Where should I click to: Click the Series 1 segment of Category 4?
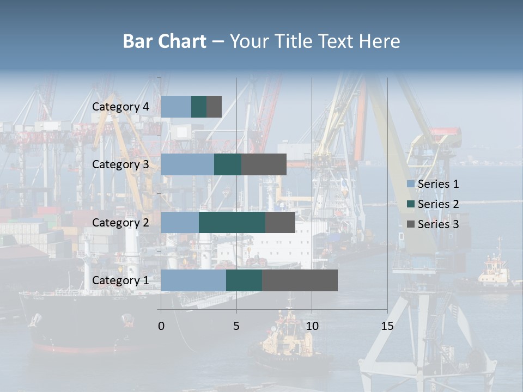[176, 107]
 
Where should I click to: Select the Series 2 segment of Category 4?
[199, 107]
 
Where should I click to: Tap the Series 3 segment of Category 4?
[214, 107]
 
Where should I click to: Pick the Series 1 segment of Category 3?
[187, 164]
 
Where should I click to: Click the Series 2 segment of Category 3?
[228, 164]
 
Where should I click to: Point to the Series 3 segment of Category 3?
[264, 164]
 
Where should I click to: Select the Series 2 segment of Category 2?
[232, 222]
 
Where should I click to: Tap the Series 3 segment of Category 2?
[280, 222]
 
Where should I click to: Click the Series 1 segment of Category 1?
[193, 280]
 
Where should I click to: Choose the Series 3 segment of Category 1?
[300, 280]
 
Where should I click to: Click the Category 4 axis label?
[120, 107]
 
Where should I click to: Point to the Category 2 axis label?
[120, 222]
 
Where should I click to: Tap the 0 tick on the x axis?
[161, 326]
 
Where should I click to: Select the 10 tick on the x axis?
[312, 326]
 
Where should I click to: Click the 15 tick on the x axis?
[387, 326]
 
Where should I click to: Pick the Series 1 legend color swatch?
[411, 184]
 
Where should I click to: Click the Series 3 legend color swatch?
[411, 224]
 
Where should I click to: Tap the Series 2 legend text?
[438, 204]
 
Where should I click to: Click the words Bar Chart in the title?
[165, 41]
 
